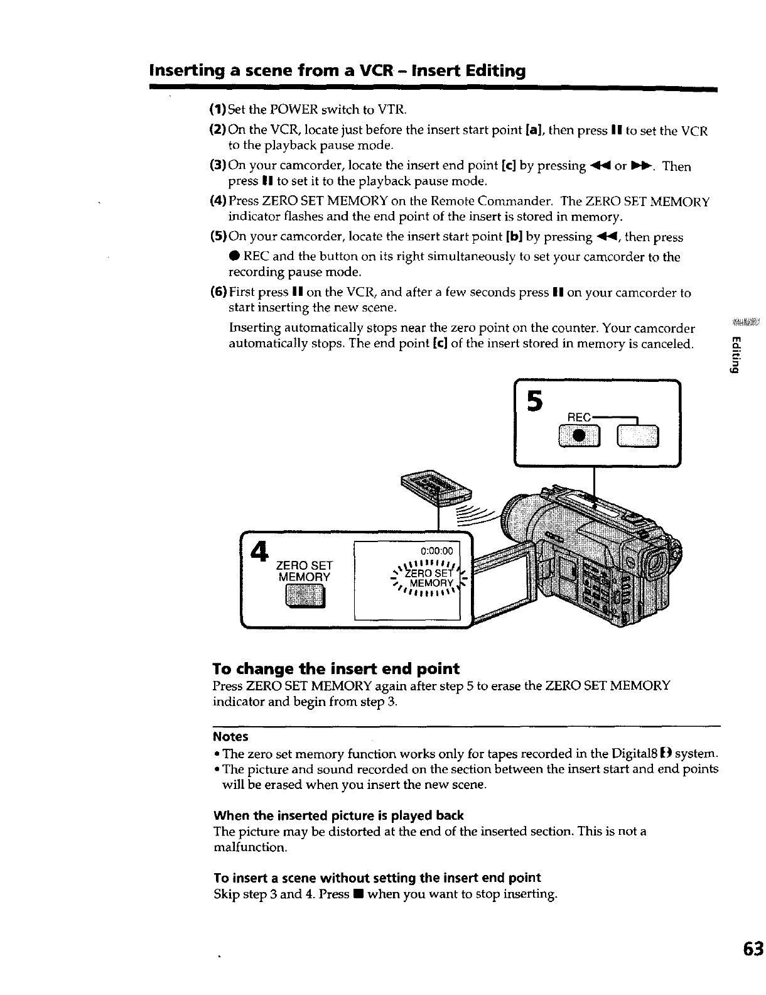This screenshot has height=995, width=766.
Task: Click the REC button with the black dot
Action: [581, 435]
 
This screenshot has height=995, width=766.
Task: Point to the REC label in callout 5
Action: [579, 416]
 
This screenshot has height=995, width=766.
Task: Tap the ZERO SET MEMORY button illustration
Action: [305, 595]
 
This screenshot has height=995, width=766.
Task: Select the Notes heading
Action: [230, 736]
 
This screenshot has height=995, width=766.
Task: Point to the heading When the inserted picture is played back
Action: [338, 815]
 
